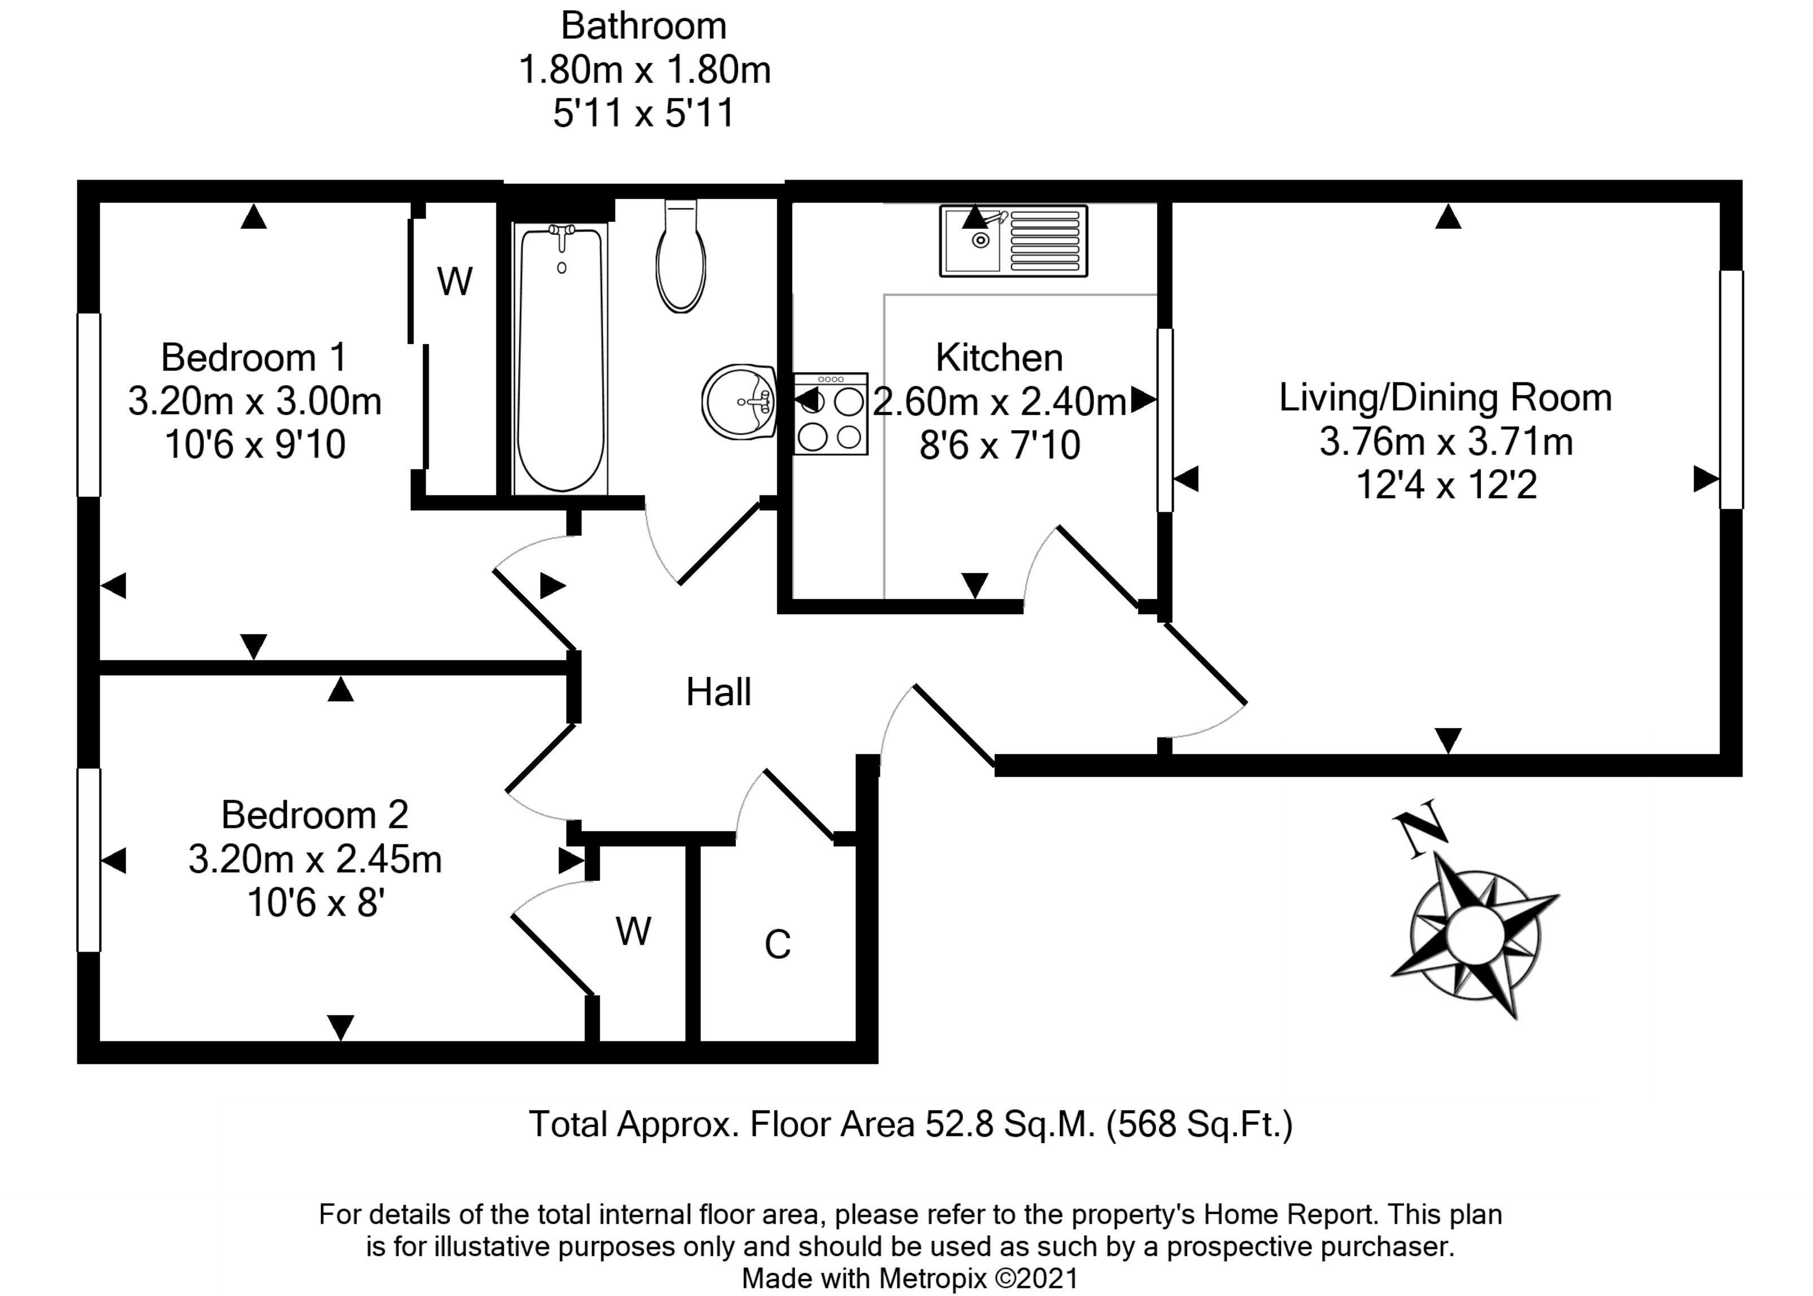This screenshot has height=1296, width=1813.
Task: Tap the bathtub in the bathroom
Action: coord(561,359)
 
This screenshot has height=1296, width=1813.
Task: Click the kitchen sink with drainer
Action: coord(1013,241)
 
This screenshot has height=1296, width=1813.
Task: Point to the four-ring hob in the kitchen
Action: coord(831,414)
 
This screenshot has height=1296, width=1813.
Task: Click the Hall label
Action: coord(718,692)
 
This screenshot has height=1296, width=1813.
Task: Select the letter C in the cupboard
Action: coord(777,945)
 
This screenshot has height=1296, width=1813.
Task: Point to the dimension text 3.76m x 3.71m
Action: coord(1446,441)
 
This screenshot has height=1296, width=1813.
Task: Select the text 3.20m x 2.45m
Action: coord(315,859)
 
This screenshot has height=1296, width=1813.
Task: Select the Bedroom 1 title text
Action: coord(254,357)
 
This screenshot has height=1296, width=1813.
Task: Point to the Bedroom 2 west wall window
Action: coord(89,859)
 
